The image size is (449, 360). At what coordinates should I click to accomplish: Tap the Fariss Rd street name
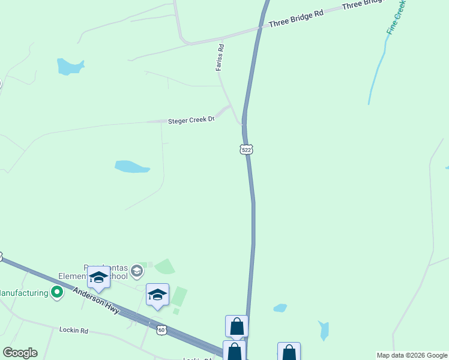click(220, 58)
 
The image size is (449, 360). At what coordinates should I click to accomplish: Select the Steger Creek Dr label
click(191, 120)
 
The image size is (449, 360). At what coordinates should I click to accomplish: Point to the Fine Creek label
click(397, 17)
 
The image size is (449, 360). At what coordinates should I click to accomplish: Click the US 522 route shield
click(246, 149)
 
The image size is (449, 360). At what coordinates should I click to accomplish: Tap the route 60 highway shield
click(161, 330)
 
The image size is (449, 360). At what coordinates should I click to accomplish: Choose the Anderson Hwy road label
click(96, 301)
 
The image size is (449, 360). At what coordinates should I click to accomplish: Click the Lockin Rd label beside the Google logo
click(74, 330)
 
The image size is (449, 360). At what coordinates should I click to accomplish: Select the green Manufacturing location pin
click(57, 293)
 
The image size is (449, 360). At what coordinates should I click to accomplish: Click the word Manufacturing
click(24, 293)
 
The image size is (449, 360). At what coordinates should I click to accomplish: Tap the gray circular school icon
click(137, 271)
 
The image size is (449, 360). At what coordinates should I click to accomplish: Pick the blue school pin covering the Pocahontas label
click(98, 278)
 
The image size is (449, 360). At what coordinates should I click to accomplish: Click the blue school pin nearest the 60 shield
click(157, 295)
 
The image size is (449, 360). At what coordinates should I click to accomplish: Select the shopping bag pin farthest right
click(289, 352)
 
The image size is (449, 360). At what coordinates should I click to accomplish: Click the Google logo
click(20, 353)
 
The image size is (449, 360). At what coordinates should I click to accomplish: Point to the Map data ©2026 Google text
click(412, 355)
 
